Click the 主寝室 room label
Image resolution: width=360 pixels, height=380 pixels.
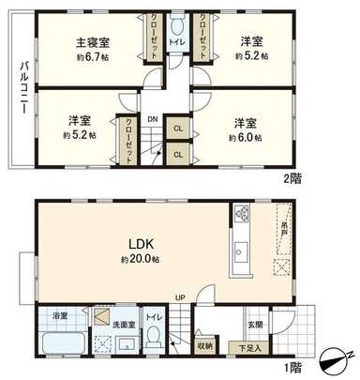94,42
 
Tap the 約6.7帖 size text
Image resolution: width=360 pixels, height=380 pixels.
95,56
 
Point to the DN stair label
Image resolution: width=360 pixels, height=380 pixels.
151,119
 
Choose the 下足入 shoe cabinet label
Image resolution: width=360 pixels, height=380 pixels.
248,348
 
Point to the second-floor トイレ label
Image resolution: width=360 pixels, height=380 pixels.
175,44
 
